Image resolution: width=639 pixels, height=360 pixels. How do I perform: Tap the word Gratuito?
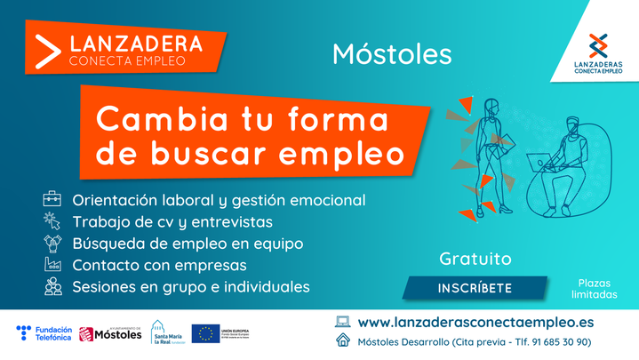pyautogui.click(x=475, y=260)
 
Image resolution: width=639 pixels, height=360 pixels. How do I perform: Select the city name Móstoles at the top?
pyautogui.click(x=392, y=53)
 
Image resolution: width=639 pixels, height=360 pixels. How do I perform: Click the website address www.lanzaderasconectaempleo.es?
pyautogui.click(x=475, y=322)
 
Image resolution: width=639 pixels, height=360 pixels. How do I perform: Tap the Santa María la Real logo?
pyautogui.click(x=168, y=333)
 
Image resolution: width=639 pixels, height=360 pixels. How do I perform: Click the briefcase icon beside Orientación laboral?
pyautogui.click(x=52, y=198)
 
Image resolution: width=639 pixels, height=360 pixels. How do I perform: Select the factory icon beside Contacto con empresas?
pyautogui.click(x=52, y=265)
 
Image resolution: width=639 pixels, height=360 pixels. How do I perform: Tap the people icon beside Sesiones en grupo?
pyautogui.click(x=52, y=287)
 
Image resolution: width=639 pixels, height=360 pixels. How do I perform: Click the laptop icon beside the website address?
pyautogui.click(x=342, y=322)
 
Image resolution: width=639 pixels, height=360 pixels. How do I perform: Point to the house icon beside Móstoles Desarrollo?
pyautogui.click(x=342, y=341)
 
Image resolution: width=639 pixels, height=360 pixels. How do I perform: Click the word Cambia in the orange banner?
pyautogui.click(x=148, y=118)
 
